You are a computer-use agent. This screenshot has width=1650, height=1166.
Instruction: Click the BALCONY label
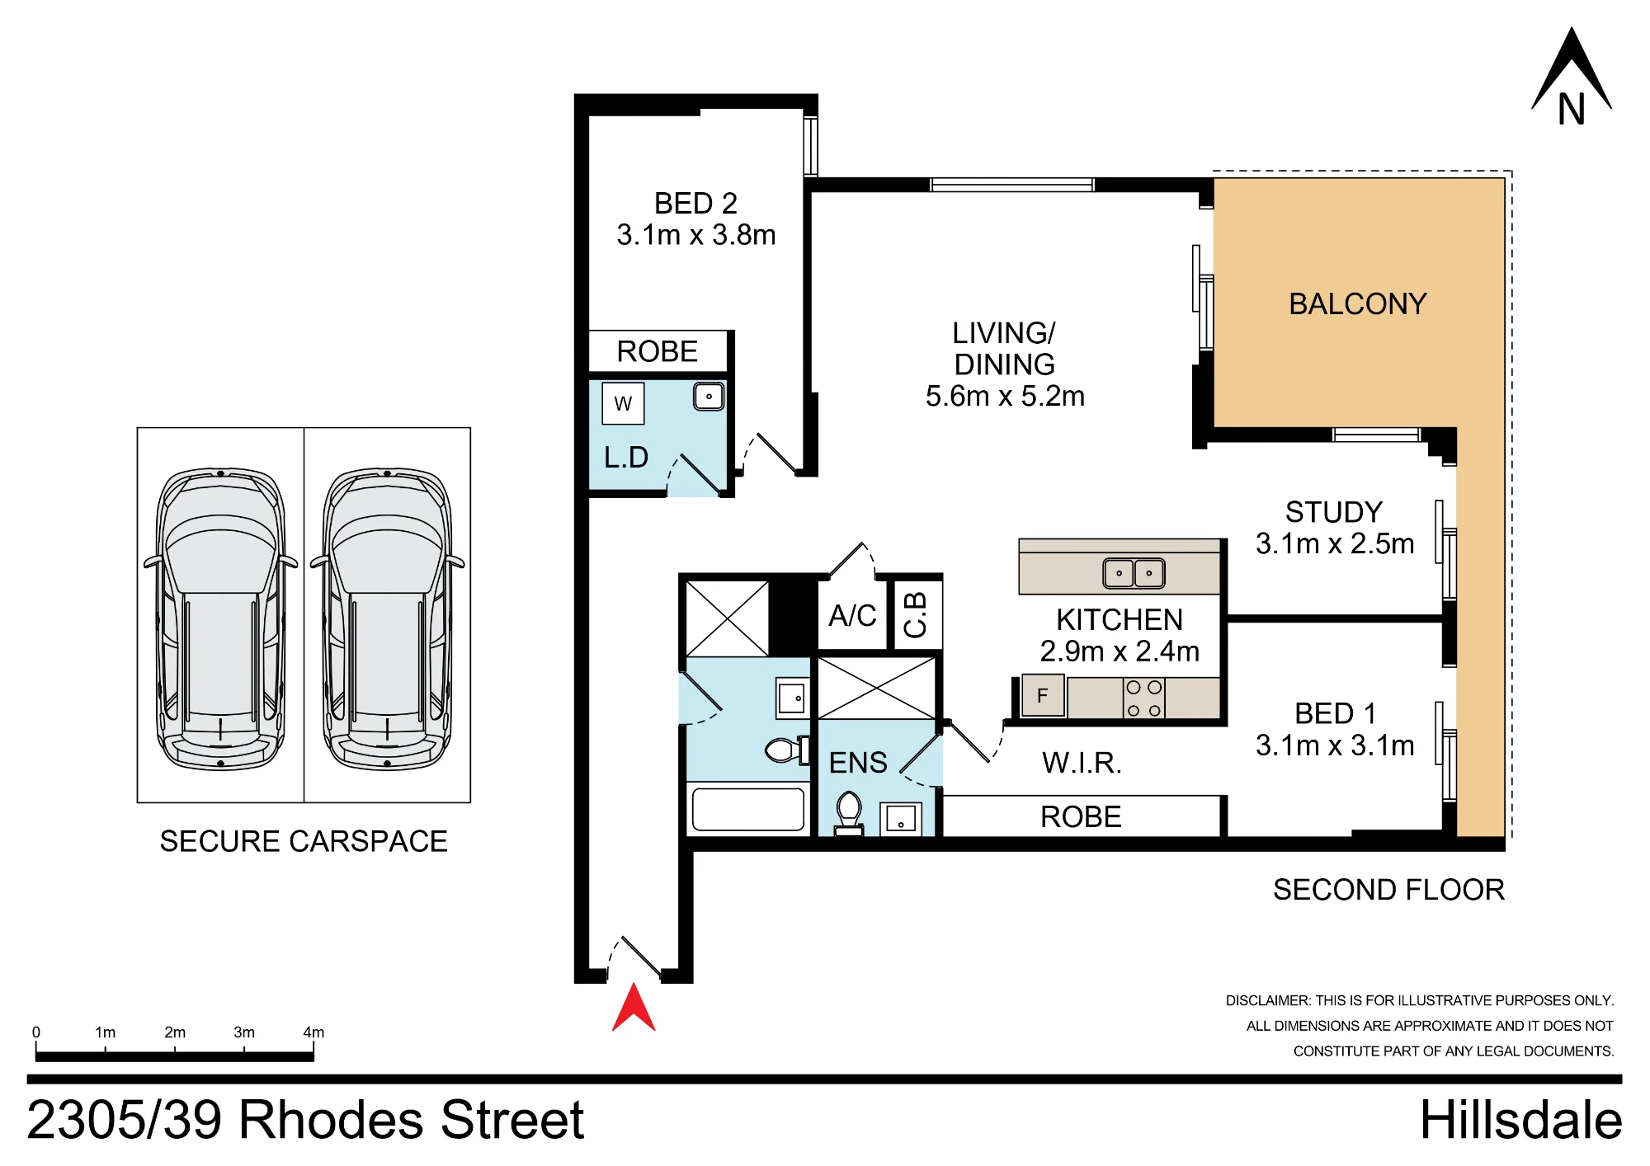coord(1358,304)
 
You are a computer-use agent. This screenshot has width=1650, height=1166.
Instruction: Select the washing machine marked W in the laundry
coord(623,403)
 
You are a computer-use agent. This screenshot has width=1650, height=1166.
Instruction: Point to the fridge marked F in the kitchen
coord(1043,695)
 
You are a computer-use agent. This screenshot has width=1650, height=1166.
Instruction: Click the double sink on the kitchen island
coord(1134,573)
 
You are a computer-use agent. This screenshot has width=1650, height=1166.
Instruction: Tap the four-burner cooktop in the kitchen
coord(1144,698)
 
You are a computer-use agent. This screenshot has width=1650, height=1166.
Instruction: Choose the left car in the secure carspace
coord(220,618)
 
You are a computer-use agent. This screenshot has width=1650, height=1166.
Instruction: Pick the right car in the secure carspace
coord(387,618)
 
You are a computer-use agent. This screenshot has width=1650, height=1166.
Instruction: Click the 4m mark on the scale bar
coord(313,1032)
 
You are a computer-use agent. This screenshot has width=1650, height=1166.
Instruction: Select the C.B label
coord(916,615)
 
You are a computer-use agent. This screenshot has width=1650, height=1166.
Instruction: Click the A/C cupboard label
coord(852,616)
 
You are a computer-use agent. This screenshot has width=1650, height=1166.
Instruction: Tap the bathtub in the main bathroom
coord(748,810)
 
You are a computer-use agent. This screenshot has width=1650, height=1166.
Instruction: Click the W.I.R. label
coord(1082,764)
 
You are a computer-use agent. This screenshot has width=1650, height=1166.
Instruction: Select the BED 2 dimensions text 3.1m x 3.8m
coord(696,235)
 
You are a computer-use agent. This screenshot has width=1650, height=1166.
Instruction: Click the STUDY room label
coord(1334,512)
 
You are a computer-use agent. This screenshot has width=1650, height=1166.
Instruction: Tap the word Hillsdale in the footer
coord(1520,1120)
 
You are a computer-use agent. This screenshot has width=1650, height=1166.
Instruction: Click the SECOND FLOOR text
coord(1388,890)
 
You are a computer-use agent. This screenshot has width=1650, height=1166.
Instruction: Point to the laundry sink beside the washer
coord(709,397)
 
